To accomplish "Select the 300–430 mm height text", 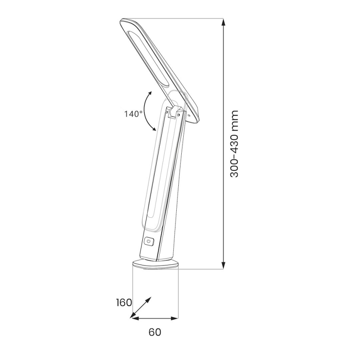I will tap(235, 144).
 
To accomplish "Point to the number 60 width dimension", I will tap(155, 332).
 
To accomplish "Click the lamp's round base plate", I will tap(155, 264).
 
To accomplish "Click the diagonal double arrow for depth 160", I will tap(141, 307).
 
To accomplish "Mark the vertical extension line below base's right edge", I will tap(178, 294).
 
